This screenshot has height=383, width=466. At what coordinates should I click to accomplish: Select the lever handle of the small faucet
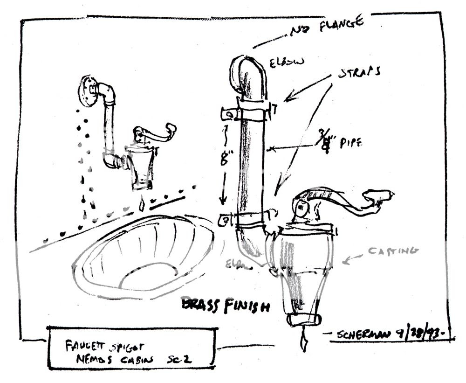click(x=154, y=132)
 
